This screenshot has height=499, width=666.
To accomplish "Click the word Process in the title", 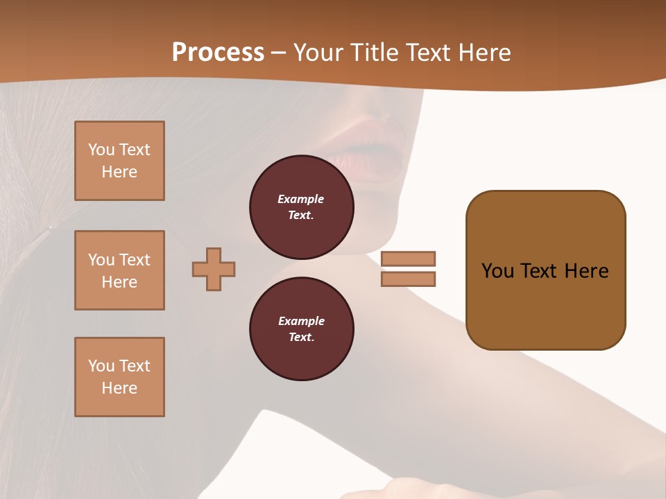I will point(218,52).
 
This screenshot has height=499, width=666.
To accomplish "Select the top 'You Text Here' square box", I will point(119,161).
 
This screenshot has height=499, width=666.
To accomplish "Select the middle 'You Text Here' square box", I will point(119,270).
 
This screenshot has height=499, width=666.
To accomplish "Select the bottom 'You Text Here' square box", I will point(119,377).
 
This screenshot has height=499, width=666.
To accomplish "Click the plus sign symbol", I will point(214,269).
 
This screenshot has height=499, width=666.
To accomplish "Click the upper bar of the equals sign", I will point(408,259).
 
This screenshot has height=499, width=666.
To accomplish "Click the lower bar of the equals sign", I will point(408,279).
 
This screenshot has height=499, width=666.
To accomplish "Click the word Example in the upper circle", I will point(301,199).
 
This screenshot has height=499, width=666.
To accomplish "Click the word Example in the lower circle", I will point(301,321).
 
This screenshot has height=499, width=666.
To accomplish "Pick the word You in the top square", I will point(101,150).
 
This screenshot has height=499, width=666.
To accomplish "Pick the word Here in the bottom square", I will point(119,388).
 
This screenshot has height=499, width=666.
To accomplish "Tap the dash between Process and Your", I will point(279,53).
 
